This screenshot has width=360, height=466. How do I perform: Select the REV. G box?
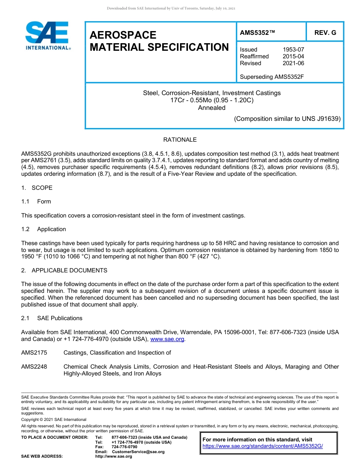coord(325,33)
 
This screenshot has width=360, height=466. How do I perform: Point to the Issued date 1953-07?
coord(293,50)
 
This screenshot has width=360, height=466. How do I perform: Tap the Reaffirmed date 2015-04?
coord(293,56)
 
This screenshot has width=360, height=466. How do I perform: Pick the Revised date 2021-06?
coord(293,63)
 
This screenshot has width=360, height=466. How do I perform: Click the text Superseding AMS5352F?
coord(272,77)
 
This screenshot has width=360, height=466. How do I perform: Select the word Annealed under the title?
coord(211,108)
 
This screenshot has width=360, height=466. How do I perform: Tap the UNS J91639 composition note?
coord(287,119)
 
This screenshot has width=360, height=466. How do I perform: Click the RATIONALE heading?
coord(180,140)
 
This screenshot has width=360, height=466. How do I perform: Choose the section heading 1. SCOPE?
coord(37,188)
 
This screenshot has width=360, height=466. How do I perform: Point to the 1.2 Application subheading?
coord(44,229)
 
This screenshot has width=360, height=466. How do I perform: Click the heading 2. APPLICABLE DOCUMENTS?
coord(64,271)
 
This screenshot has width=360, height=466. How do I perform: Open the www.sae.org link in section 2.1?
coord(167,339)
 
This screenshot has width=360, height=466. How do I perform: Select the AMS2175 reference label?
coord(34,353)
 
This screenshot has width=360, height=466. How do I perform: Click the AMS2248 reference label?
coord(34,367)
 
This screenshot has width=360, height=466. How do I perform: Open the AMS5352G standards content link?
coord(263,446)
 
